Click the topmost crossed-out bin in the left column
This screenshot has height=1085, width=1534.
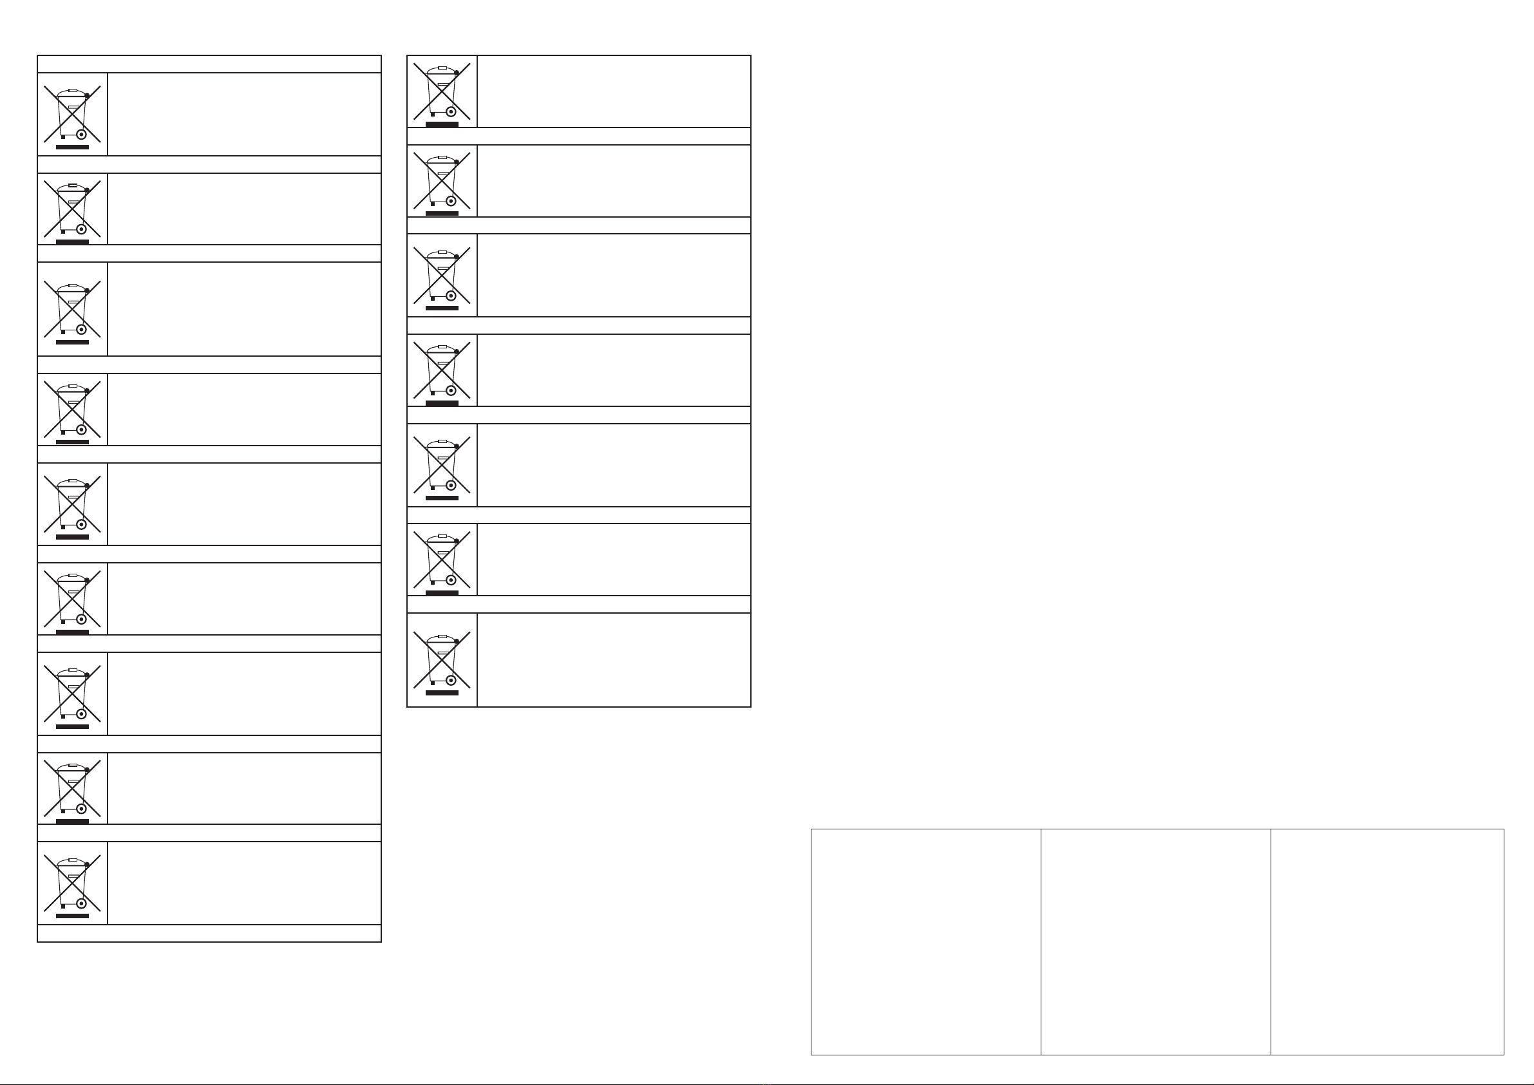[x=72, y=114]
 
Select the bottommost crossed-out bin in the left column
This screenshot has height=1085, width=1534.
[x=72, y=883]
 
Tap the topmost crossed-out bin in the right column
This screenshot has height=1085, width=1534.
[x=442, y=91]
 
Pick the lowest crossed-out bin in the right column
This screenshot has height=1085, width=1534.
[x=442, y=660]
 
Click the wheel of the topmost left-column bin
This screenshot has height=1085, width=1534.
[x=82, y=135]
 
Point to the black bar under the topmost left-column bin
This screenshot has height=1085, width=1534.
[x=72, y=147]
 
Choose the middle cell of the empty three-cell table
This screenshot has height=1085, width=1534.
[x=1155, y=942]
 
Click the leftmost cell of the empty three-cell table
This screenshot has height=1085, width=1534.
[x=925, y=942]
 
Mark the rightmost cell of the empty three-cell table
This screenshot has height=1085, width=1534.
[x=1387, y=942]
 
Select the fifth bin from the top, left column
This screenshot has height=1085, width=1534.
[x=72, y=504]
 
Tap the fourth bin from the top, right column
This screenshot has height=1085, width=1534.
[x=442, y=370]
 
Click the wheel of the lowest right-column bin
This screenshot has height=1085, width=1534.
[x=451, y=681]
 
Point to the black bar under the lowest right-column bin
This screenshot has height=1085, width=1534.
[x=442, y=693]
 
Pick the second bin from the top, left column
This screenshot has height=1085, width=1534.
[x=72, y=209]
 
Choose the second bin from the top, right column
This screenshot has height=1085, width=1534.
[x=442, y=181]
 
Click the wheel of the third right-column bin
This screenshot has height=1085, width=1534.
[x=451, y=296]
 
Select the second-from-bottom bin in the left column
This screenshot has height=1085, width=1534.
[x=72, y=788]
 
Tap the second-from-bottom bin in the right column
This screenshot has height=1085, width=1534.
[x=442, y=560]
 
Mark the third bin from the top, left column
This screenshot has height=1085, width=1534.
[x=72, y=309]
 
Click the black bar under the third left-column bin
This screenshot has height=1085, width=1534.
[x=72, y=342]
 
